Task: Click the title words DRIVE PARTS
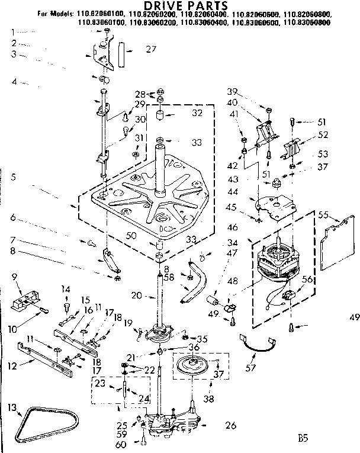(181, 6)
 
